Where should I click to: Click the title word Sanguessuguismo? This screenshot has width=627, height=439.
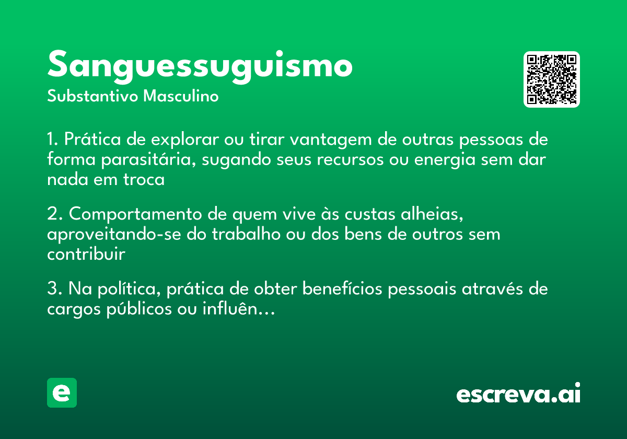tap(200, 66)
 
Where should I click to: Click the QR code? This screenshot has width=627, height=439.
tap(552, 79)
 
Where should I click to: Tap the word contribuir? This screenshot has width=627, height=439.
tap(86, 253)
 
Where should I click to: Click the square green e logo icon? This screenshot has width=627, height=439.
tap(62, 392)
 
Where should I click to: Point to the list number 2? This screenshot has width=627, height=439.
tap(52, 215)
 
